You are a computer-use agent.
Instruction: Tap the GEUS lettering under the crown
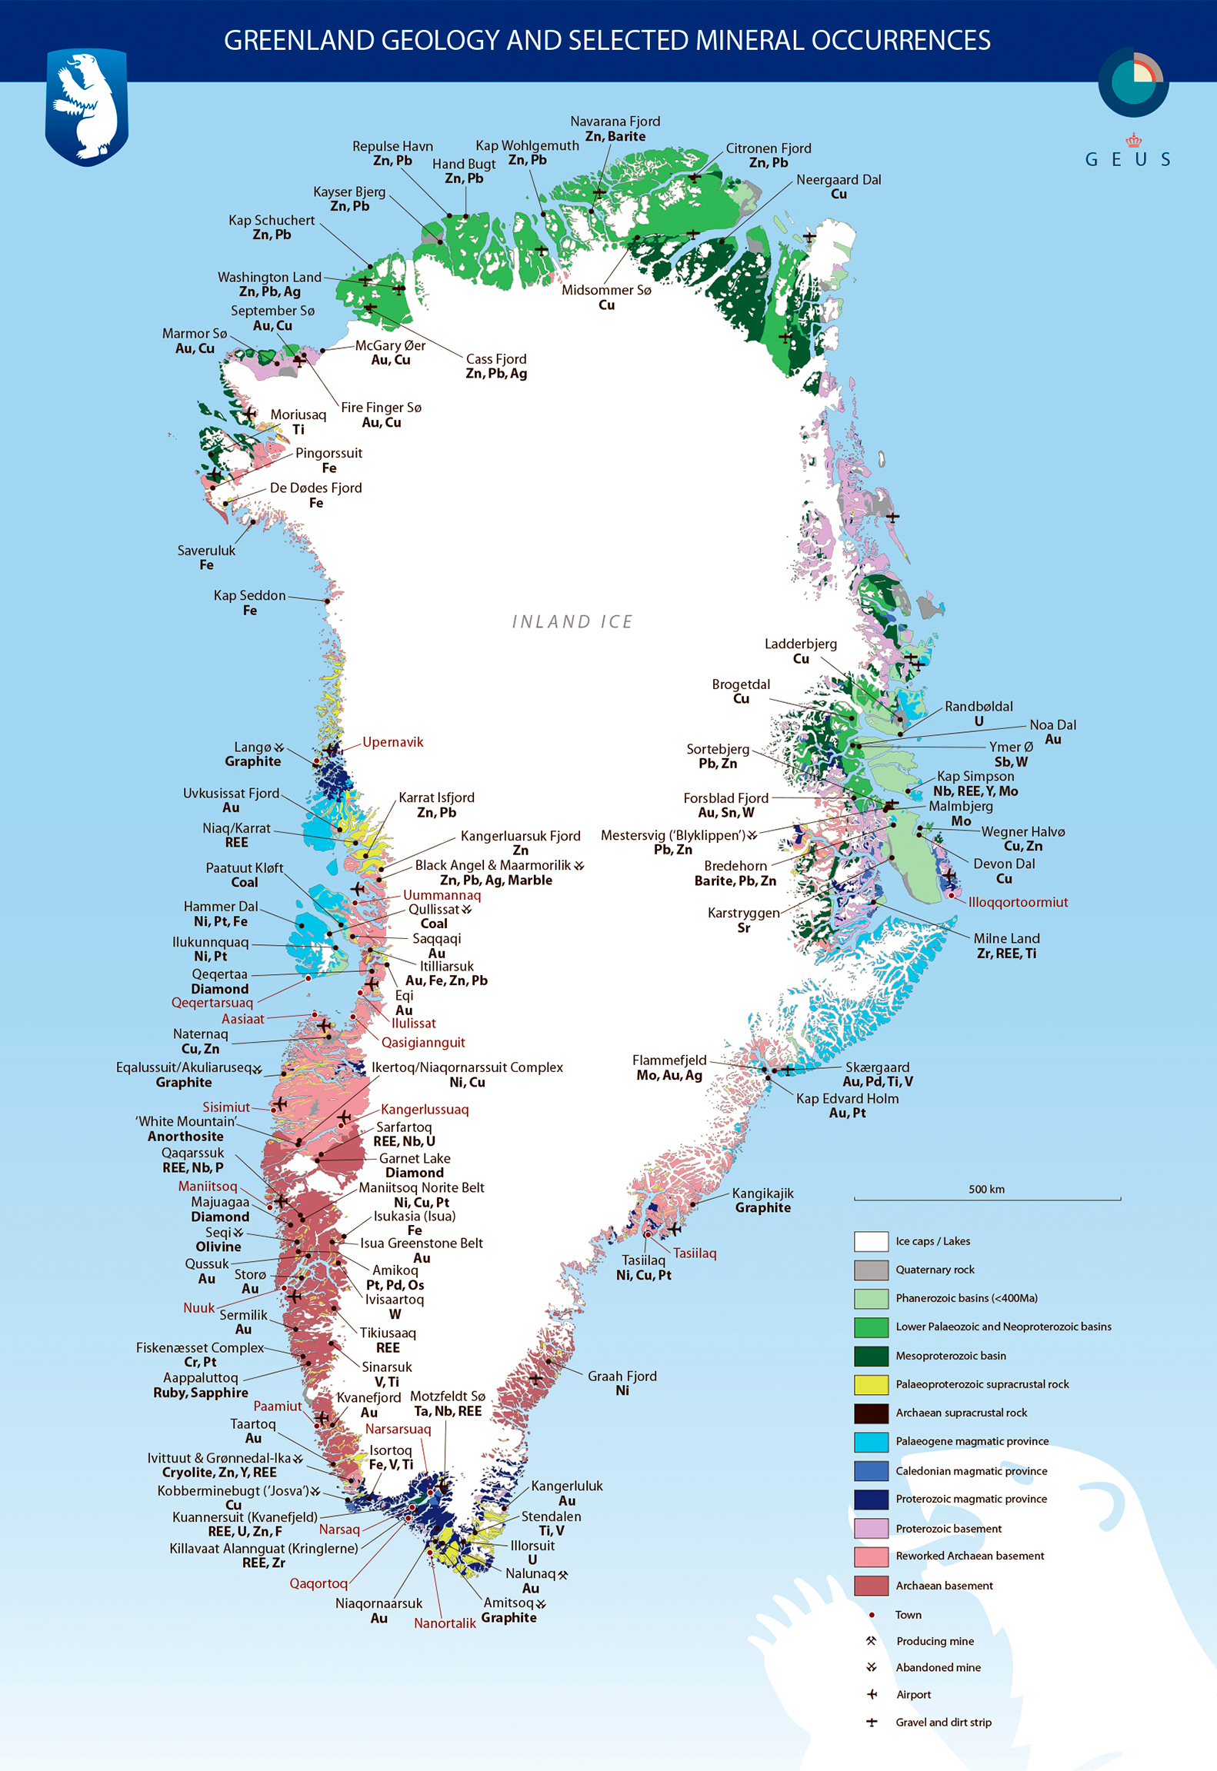1128,159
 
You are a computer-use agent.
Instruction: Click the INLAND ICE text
572,621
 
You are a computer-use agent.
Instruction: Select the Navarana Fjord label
615,122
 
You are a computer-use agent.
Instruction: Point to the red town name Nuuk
198,1308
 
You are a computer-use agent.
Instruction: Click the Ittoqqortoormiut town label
1017,902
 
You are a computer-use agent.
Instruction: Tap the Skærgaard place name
877,1067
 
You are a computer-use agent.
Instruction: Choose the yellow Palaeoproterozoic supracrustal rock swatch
871,1384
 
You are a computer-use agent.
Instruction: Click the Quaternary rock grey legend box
871,1270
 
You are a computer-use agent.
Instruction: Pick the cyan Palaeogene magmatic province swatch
871,1441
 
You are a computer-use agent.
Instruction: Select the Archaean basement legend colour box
871,1586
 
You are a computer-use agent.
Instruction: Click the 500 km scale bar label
986,1190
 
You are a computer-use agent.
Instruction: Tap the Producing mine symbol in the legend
871,1640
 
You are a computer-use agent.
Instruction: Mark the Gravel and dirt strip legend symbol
871,1723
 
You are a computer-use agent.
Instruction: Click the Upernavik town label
392,742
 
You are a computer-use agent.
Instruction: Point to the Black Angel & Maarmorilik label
492,865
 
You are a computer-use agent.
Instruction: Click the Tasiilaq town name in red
695,1253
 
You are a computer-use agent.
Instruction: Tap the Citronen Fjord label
768,148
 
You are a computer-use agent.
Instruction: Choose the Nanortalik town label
445,1623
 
